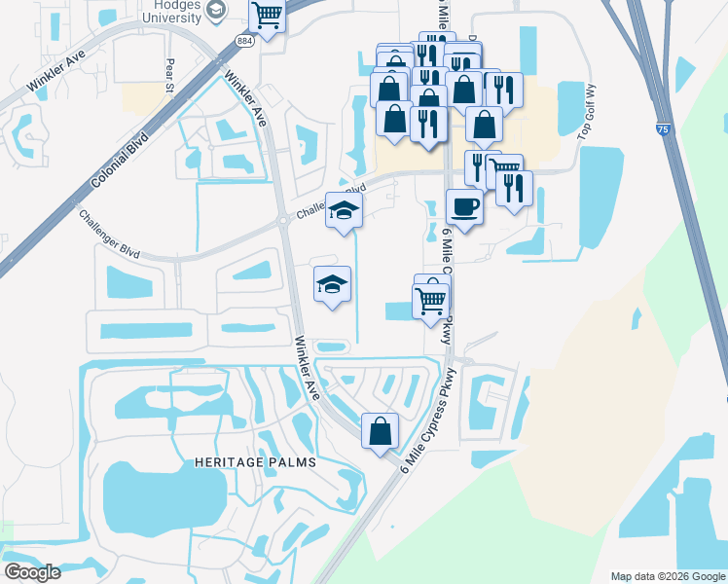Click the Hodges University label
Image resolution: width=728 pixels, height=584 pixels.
(179, 11)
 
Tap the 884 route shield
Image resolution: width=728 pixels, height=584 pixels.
(243, 38)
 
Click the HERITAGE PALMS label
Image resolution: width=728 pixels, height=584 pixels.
(254, 462)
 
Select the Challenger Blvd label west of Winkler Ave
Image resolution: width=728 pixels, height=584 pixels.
(110, 235)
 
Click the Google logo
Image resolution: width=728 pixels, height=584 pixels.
(32, 571)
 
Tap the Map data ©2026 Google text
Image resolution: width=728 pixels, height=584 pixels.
(667, 576)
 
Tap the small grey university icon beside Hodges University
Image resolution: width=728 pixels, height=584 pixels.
(218, 12)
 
